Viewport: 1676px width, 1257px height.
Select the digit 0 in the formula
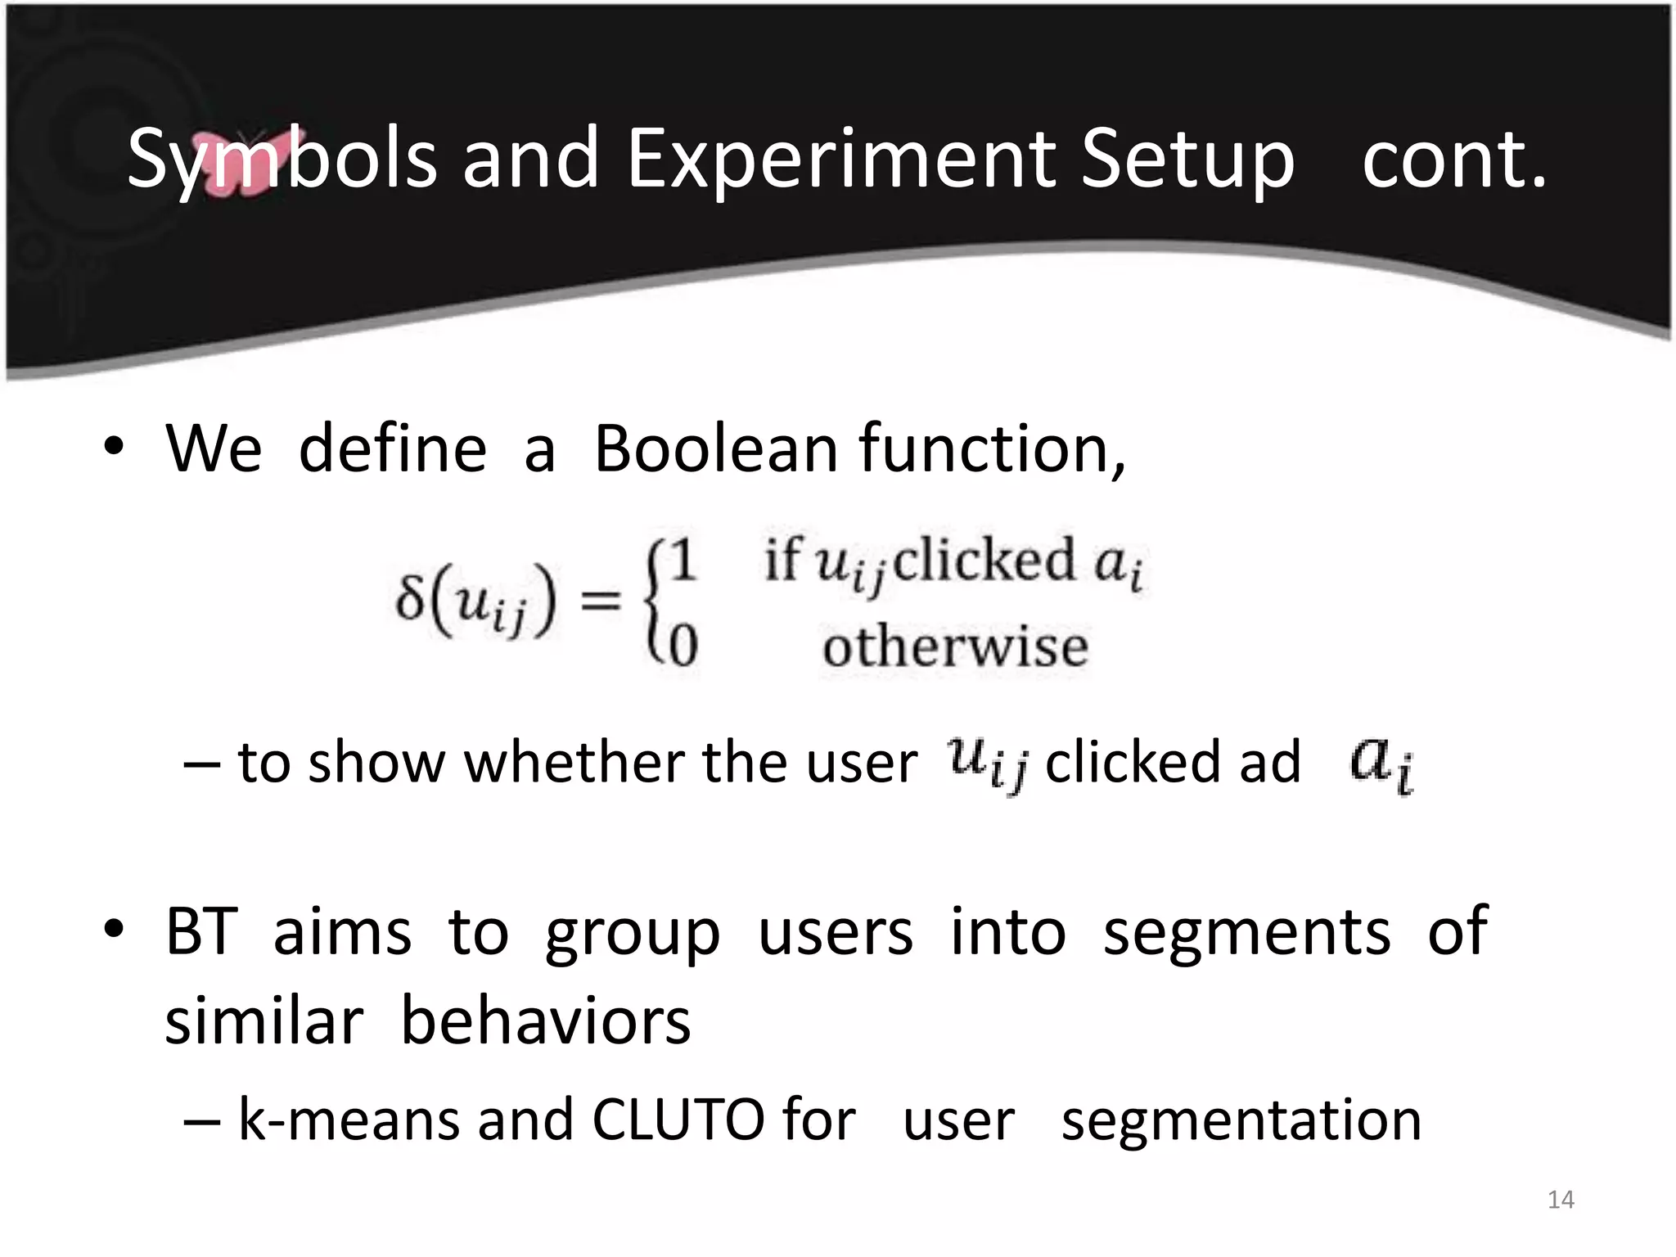pos(683,645)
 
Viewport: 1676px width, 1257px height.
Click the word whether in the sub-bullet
pos(573,763)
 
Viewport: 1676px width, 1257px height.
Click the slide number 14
pos(1561,1200)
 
